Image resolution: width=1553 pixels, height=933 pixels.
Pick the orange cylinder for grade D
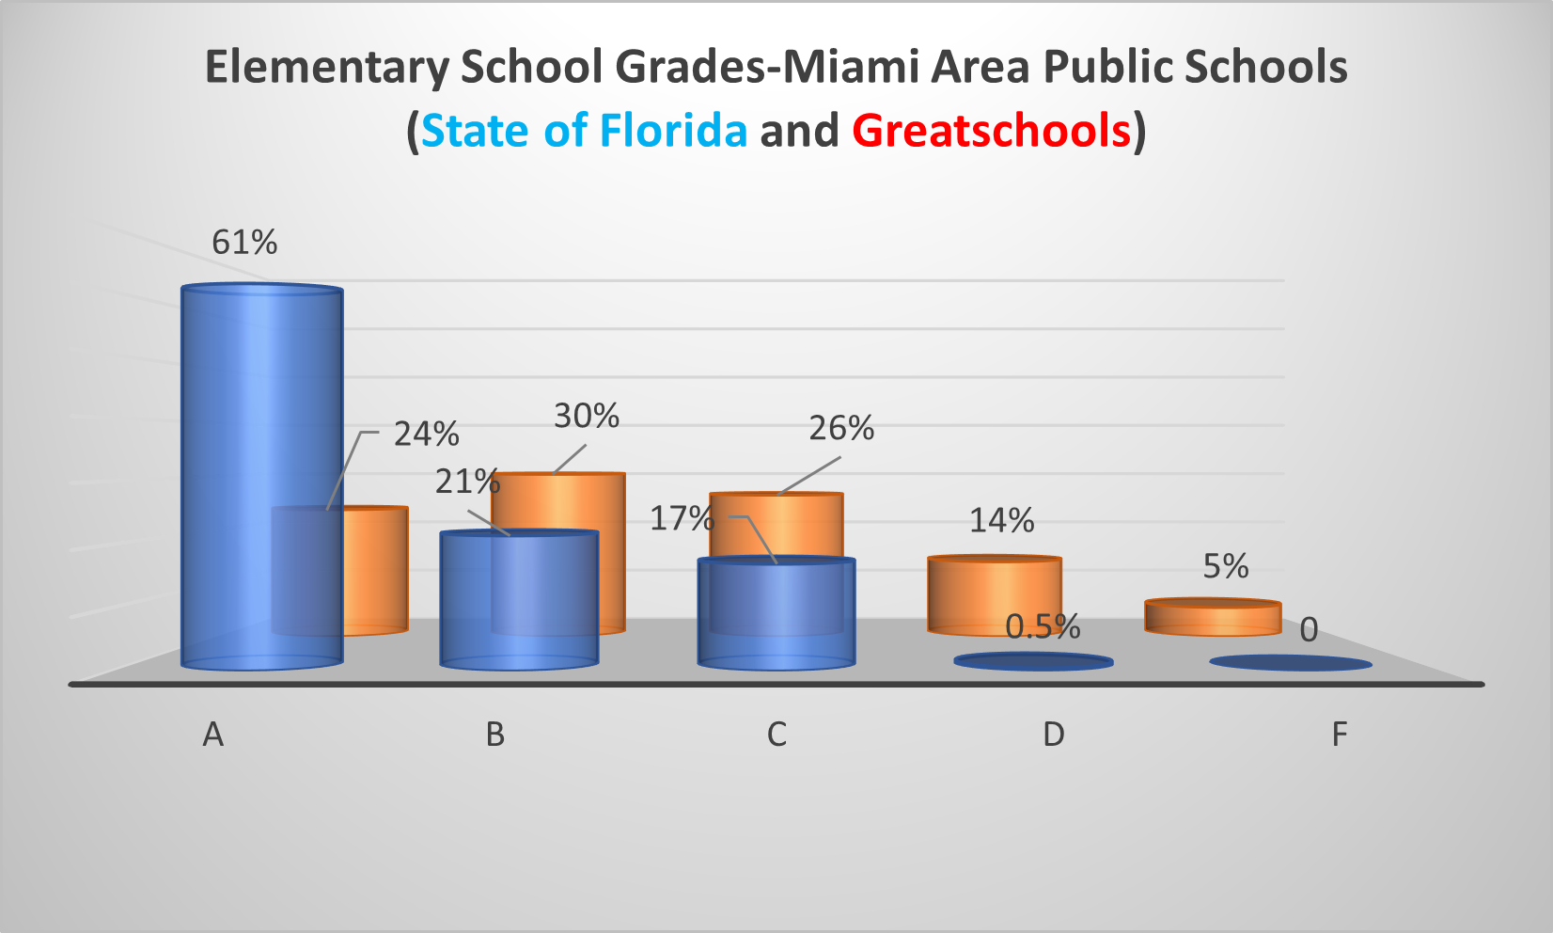995,594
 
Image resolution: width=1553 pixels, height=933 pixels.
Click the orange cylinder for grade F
1213,617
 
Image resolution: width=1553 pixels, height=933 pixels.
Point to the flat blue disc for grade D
1034,662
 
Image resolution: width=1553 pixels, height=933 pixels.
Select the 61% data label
244,243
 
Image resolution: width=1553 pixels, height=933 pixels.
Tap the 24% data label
427,435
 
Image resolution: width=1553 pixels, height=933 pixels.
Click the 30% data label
587,416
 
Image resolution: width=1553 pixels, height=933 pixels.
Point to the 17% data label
682,518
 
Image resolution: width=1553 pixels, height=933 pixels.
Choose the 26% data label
841,429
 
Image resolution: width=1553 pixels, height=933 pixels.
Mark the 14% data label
1002,520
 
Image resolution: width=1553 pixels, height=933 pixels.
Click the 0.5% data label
1043,627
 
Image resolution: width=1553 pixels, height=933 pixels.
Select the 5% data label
1226,566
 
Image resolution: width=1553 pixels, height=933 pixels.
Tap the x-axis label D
1054,735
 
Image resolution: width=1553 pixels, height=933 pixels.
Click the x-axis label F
1340,735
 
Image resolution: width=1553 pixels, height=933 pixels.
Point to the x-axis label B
495,735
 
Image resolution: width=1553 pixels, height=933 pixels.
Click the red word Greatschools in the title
992,131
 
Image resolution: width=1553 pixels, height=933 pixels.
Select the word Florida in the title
673,131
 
